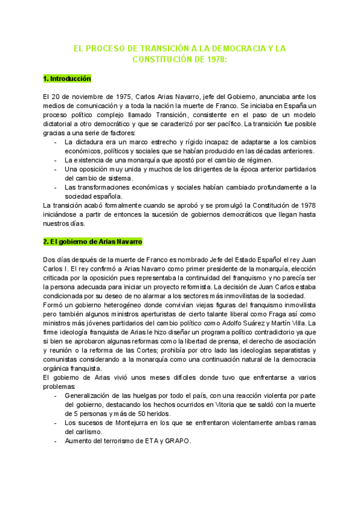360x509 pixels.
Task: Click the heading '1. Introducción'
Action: [67, 79]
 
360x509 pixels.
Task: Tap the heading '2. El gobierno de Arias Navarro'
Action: [92, 241]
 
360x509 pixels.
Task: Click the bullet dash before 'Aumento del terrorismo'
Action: [56, 441]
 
